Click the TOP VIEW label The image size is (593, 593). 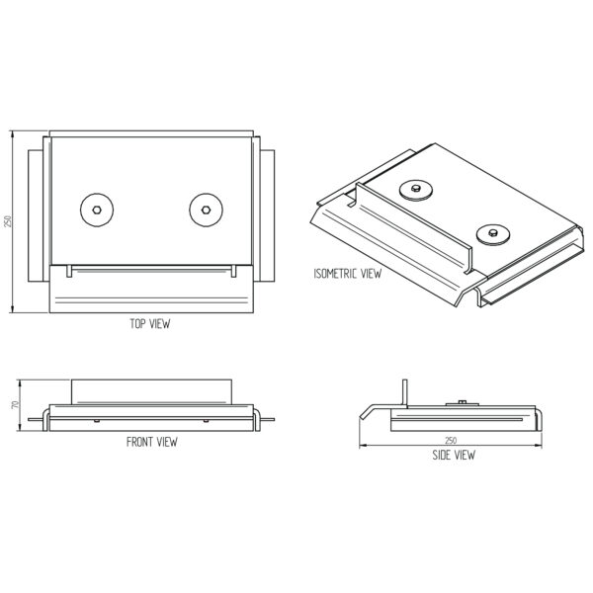150,324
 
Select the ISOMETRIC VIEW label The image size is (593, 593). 348,274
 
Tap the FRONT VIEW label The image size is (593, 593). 151,442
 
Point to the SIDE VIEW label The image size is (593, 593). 454,455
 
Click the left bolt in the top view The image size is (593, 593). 97,210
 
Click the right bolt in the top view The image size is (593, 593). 206,210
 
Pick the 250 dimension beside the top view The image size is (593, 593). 8,221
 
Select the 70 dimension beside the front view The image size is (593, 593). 15,405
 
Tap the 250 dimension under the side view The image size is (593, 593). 451,440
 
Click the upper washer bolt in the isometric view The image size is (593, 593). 416,190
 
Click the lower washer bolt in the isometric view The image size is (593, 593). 493,235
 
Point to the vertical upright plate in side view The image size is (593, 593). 405,393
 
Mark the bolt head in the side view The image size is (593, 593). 463,402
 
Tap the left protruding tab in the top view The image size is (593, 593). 36,215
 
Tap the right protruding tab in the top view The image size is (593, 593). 268,215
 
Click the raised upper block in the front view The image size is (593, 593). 151,391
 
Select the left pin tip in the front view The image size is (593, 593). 29,419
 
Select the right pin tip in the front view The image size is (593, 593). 274,419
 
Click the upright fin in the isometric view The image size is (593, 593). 414,227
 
